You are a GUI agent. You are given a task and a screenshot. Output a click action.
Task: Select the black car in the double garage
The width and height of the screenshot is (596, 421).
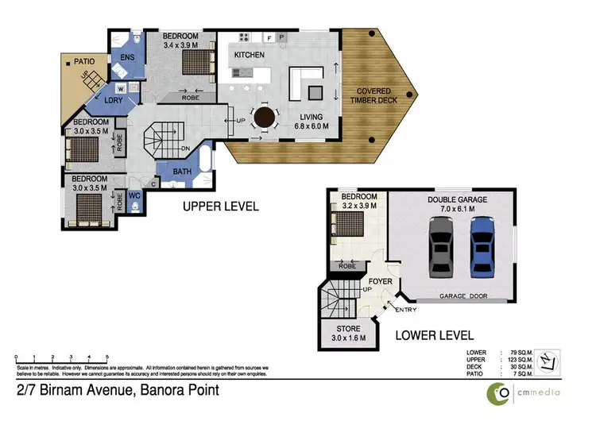point(440,247)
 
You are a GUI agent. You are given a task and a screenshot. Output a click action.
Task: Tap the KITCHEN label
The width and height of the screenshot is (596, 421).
point(249,54)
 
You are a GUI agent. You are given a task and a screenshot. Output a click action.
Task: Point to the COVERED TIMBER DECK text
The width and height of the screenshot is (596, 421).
point(377,97)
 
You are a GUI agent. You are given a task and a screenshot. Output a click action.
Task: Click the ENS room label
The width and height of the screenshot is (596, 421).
point(126,57)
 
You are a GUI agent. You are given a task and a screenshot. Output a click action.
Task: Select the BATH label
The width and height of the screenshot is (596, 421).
point(181,172)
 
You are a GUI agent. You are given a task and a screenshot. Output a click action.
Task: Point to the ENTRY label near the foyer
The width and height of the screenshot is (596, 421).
point(405,309)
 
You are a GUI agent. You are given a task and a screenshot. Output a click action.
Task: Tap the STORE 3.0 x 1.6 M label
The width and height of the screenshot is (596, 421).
point(349,333)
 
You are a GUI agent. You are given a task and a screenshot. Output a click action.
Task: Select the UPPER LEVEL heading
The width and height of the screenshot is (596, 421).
point(221,206)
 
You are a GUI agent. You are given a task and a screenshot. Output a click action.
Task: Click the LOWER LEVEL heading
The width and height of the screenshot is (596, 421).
point(435,335)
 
